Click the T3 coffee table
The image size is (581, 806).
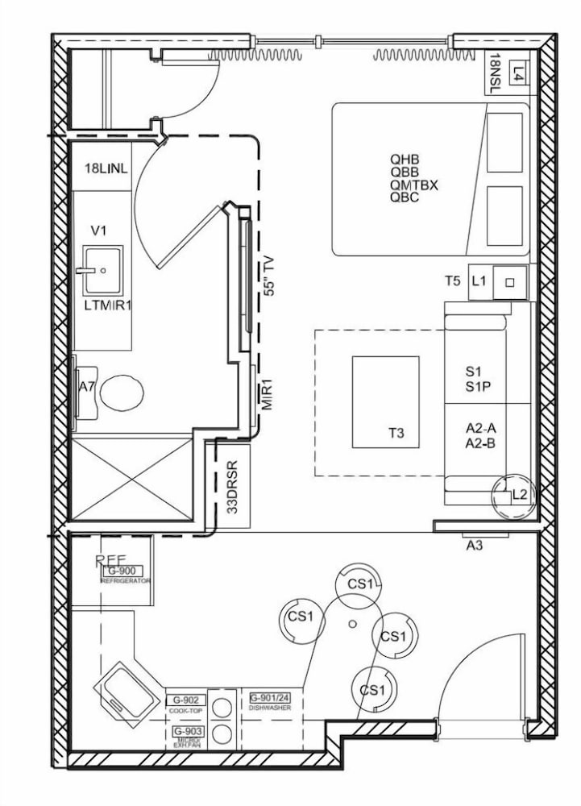tap(385, 402)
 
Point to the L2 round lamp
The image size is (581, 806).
tap(513, 494)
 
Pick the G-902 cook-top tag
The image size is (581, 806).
tap(186, 700)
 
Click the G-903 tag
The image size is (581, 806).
tap(186, 730)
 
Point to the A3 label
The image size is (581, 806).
tap(475, 546)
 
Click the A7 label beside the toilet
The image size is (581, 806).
tap(87, 387)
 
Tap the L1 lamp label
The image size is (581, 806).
tap(479, 281)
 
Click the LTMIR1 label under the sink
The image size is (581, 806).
tap(106, 306)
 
